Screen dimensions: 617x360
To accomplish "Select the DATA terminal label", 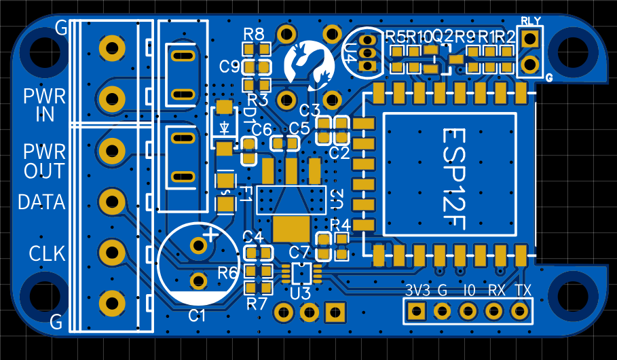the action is click(x=41, y=202).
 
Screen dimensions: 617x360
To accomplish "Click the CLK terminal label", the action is click(x=47, y=254).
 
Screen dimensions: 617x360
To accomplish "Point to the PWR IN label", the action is click(x=44, y=105).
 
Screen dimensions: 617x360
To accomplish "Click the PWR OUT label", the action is click(x=44, y=160).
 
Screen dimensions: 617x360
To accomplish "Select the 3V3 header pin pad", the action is click(x=415, y=311).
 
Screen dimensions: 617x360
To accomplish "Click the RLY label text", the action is click(x=531, y=21).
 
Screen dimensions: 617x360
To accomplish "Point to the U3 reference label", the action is click(x=300, y=293).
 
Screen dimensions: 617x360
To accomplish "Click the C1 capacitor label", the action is click(x=197, y=315).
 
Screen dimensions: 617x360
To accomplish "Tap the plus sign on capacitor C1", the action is click(x=212, y=236).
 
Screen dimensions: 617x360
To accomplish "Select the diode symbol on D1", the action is click(x=225, y=127).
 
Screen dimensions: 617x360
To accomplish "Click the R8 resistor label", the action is click(x=253, y=34).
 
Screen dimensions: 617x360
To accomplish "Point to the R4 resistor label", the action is click(x=340, y=224).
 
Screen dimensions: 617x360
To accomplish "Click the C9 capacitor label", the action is click(x=229, y=67).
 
